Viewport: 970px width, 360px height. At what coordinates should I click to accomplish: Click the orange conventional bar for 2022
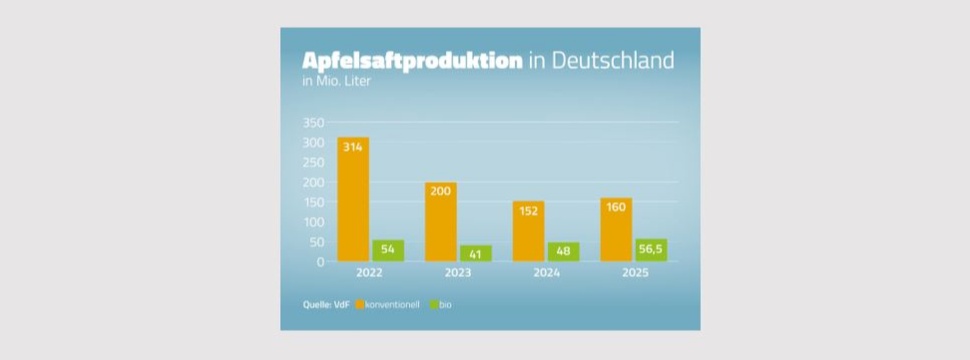tap(353, 200)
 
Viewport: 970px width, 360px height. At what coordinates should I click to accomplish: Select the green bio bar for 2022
tap(388, 251)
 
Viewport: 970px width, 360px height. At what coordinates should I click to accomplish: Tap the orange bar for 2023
tap(441, 223)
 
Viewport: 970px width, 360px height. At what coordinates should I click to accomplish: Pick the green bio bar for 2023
tap(476, 253)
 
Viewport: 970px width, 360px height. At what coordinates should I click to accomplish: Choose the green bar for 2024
tap(563, 252)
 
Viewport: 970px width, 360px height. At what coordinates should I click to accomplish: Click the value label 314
tap(353, 147)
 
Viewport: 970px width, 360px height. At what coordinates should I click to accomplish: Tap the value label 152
tap(528, 211)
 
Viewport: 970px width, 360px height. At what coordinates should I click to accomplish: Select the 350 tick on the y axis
tap(313, 122)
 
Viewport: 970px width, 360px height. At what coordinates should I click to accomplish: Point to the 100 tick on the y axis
tap(313, 222)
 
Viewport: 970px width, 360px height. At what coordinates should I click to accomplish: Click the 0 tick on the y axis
tap(320, 262)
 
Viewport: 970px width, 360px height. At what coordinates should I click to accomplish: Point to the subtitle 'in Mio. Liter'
tap(336, 82)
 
